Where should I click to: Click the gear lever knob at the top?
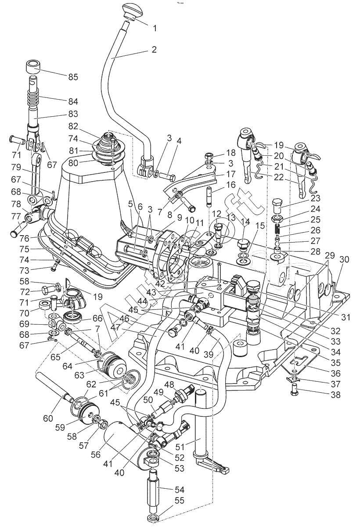click(x=130, y=10)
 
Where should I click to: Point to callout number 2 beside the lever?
click(x=154, y=50)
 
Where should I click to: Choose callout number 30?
click(x=344, y=259)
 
